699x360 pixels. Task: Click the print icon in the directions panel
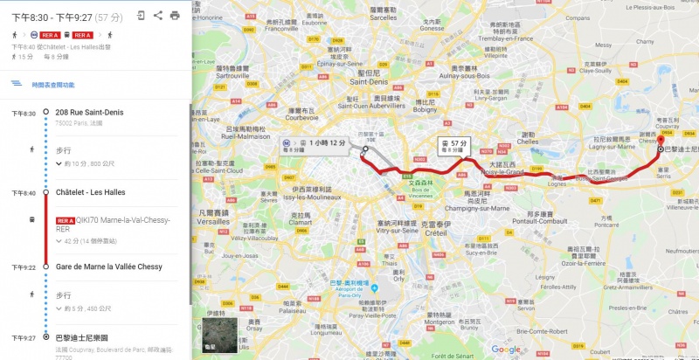(175, 15)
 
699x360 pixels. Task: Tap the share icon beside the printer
(157, 15)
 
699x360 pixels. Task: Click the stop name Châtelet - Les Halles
(90, 192)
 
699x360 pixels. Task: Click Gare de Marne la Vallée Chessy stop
(108, 267)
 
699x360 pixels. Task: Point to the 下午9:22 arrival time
(24, 267)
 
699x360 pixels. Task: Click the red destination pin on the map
(661, 141)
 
